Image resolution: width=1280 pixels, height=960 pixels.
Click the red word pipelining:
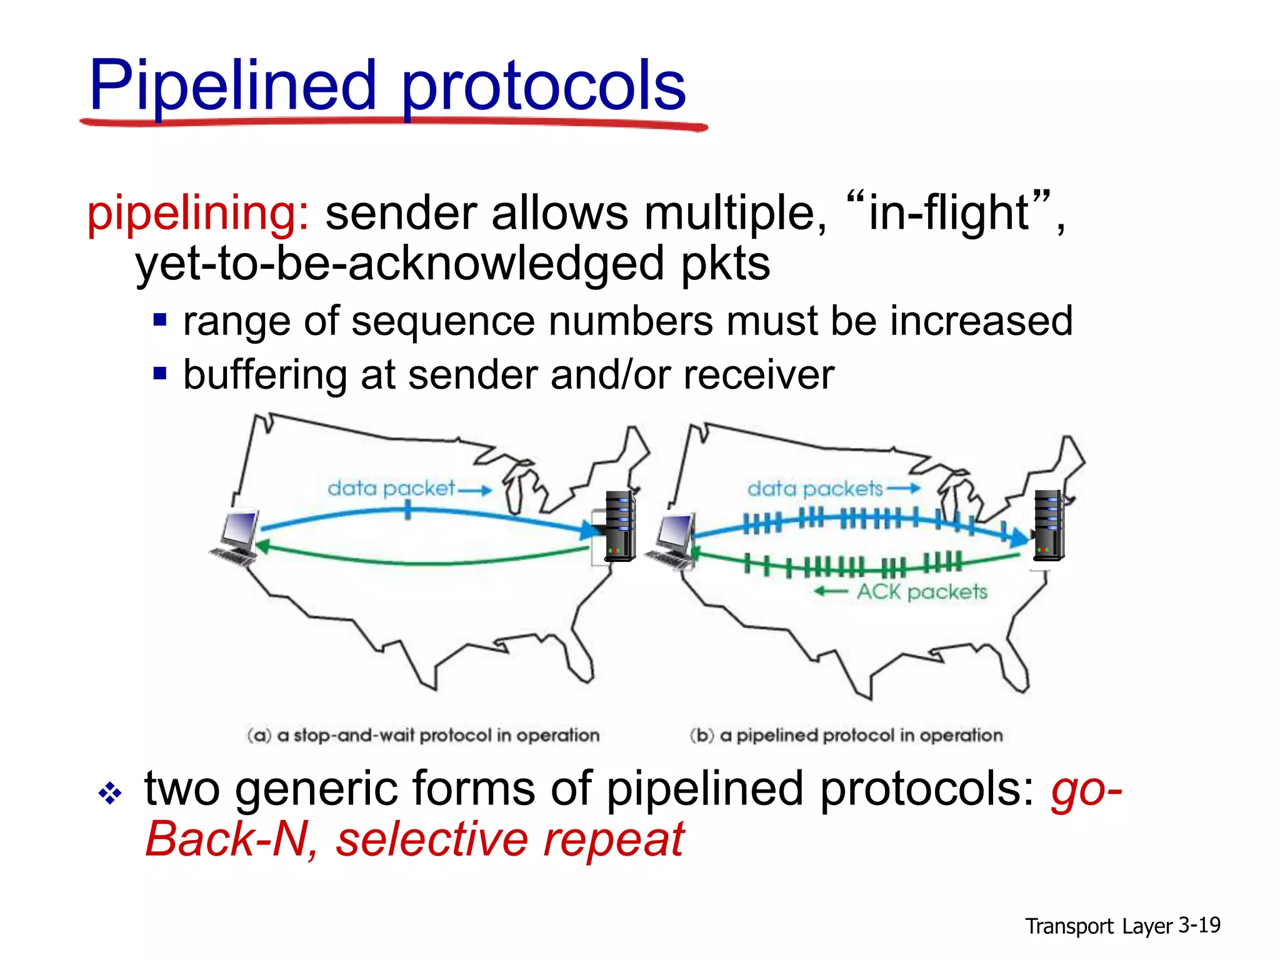(197, 214)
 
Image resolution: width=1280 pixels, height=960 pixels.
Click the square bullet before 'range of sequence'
(160, 321)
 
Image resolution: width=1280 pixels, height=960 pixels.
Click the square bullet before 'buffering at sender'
(160, 374)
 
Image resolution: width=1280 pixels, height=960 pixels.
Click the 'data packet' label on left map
(391, 488)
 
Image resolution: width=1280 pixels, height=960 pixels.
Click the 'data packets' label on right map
(815, 489)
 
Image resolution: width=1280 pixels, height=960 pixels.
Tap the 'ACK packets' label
(921, 591)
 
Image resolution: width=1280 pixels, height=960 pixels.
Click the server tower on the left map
(619, 526)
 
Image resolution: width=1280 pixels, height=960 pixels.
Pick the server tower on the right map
(1048, 526)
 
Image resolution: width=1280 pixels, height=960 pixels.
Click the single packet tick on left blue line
(407, 512)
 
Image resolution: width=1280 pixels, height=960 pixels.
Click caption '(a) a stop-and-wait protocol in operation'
(423, 735)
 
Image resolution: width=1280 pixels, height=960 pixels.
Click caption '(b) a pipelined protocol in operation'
(846, 735)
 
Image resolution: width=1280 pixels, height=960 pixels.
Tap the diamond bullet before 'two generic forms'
(110, 793)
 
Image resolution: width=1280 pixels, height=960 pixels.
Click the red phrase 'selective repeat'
(510, 839)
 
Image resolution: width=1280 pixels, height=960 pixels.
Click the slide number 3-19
(1199, 924)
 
